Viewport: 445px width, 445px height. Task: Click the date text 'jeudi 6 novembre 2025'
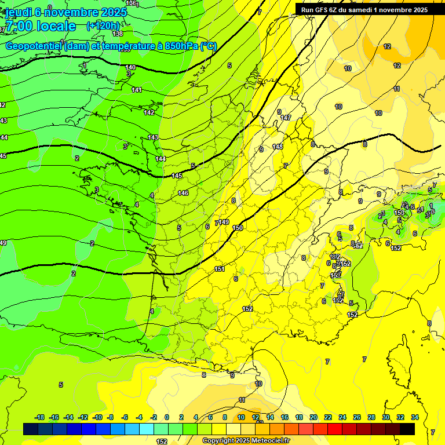click(x=64, y=12)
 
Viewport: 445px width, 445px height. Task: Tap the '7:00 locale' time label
click(x=39, y=26)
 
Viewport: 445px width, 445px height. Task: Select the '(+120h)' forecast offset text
click(x=103, y=26)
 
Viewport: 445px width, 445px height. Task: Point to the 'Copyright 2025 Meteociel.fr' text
click(x=246, y=441)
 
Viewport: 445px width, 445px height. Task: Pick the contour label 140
click(x=130, y=68)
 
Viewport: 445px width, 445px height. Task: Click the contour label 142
click(x=149, y=112)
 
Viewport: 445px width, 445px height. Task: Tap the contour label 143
click(x=153, y=137)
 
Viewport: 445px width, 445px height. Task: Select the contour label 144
click(x=161, y=159)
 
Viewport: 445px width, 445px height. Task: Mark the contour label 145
click(x=177, y=176)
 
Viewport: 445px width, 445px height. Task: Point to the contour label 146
click(x=183, y=193)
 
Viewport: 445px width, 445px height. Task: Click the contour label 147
click(x=286, y=118)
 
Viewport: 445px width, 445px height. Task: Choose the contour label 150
click(x=238, y=228)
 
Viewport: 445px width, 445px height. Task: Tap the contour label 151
click(x=220, y=269)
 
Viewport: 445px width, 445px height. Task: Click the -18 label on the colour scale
click(x=40, y=418)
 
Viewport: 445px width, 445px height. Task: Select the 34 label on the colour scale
click(x=415, y=418)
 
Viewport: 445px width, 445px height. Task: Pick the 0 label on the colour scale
click(x=167, y=418)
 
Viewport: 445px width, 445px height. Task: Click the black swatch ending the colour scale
click(x=407, y=429)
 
